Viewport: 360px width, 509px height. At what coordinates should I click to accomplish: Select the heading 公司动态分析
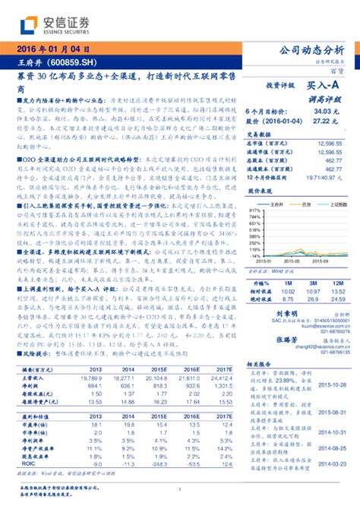pyautogui.click(x=311, y=50)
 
